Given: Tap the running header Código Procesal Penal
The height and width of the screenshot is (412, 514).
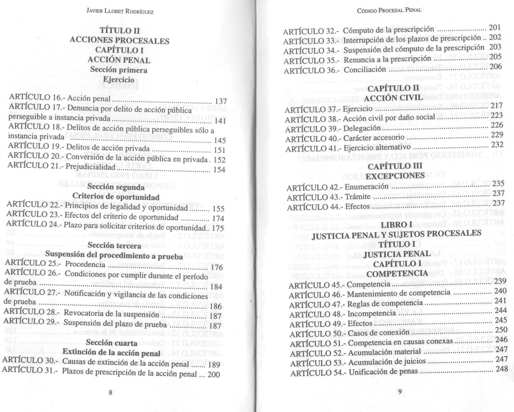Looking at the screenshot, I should click(389, 10).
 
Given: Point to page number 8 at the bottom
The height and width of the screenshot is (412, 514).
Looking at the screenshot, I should click(110, 393).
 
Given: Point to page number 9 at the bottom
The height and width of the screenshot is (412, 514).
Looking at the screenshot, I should click(399, 391).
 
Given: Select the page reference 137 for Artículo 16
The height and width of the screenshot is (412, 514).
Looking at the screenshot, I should click(221, 101).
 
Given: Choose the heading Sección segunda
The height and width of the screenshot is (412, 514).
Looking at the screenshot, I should click(118, 187).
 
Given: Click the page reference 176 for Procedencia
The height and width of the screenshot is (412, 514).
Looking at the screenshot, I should click(217, 268).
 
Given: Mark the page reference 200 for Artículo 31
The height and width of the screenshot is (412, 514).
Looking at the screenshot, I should click(213, 374).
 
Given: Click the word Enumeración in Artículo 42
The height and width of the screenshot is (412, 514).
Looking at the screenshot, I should click(366, 187).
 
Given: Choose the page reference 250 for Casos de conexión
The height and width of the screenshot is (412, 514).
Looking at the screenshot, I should click(501, 329).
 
